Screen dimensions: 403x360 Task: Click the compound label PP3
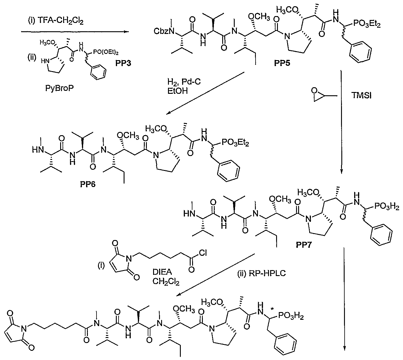tap(123, 63)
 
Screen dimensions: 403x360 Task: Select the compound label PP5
tap(282, 63)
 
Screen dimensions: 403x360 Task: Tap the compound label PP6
tap(88, 184)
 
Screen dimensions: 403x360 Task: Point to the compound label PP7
tap(304, 245)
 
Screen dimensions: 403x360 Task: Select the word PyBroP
tap(60, 88)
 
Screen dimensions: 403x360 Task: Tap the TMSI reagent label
tap(361, 96)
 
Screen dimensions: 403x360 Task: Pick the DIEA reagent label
tap(162, 272)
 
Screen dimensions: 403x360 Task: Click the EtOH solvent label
tap(178, 91)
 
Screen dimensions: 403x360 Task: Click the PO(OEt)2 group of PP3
tap(106, 52)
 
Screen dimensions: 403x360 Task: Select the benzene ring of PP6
tap(228, 171)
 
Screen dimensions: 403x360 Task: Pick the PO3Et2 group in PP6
tap(235, 143)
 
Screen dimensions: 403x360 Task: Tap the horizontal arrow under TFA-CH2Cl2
tap(75, 32)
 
